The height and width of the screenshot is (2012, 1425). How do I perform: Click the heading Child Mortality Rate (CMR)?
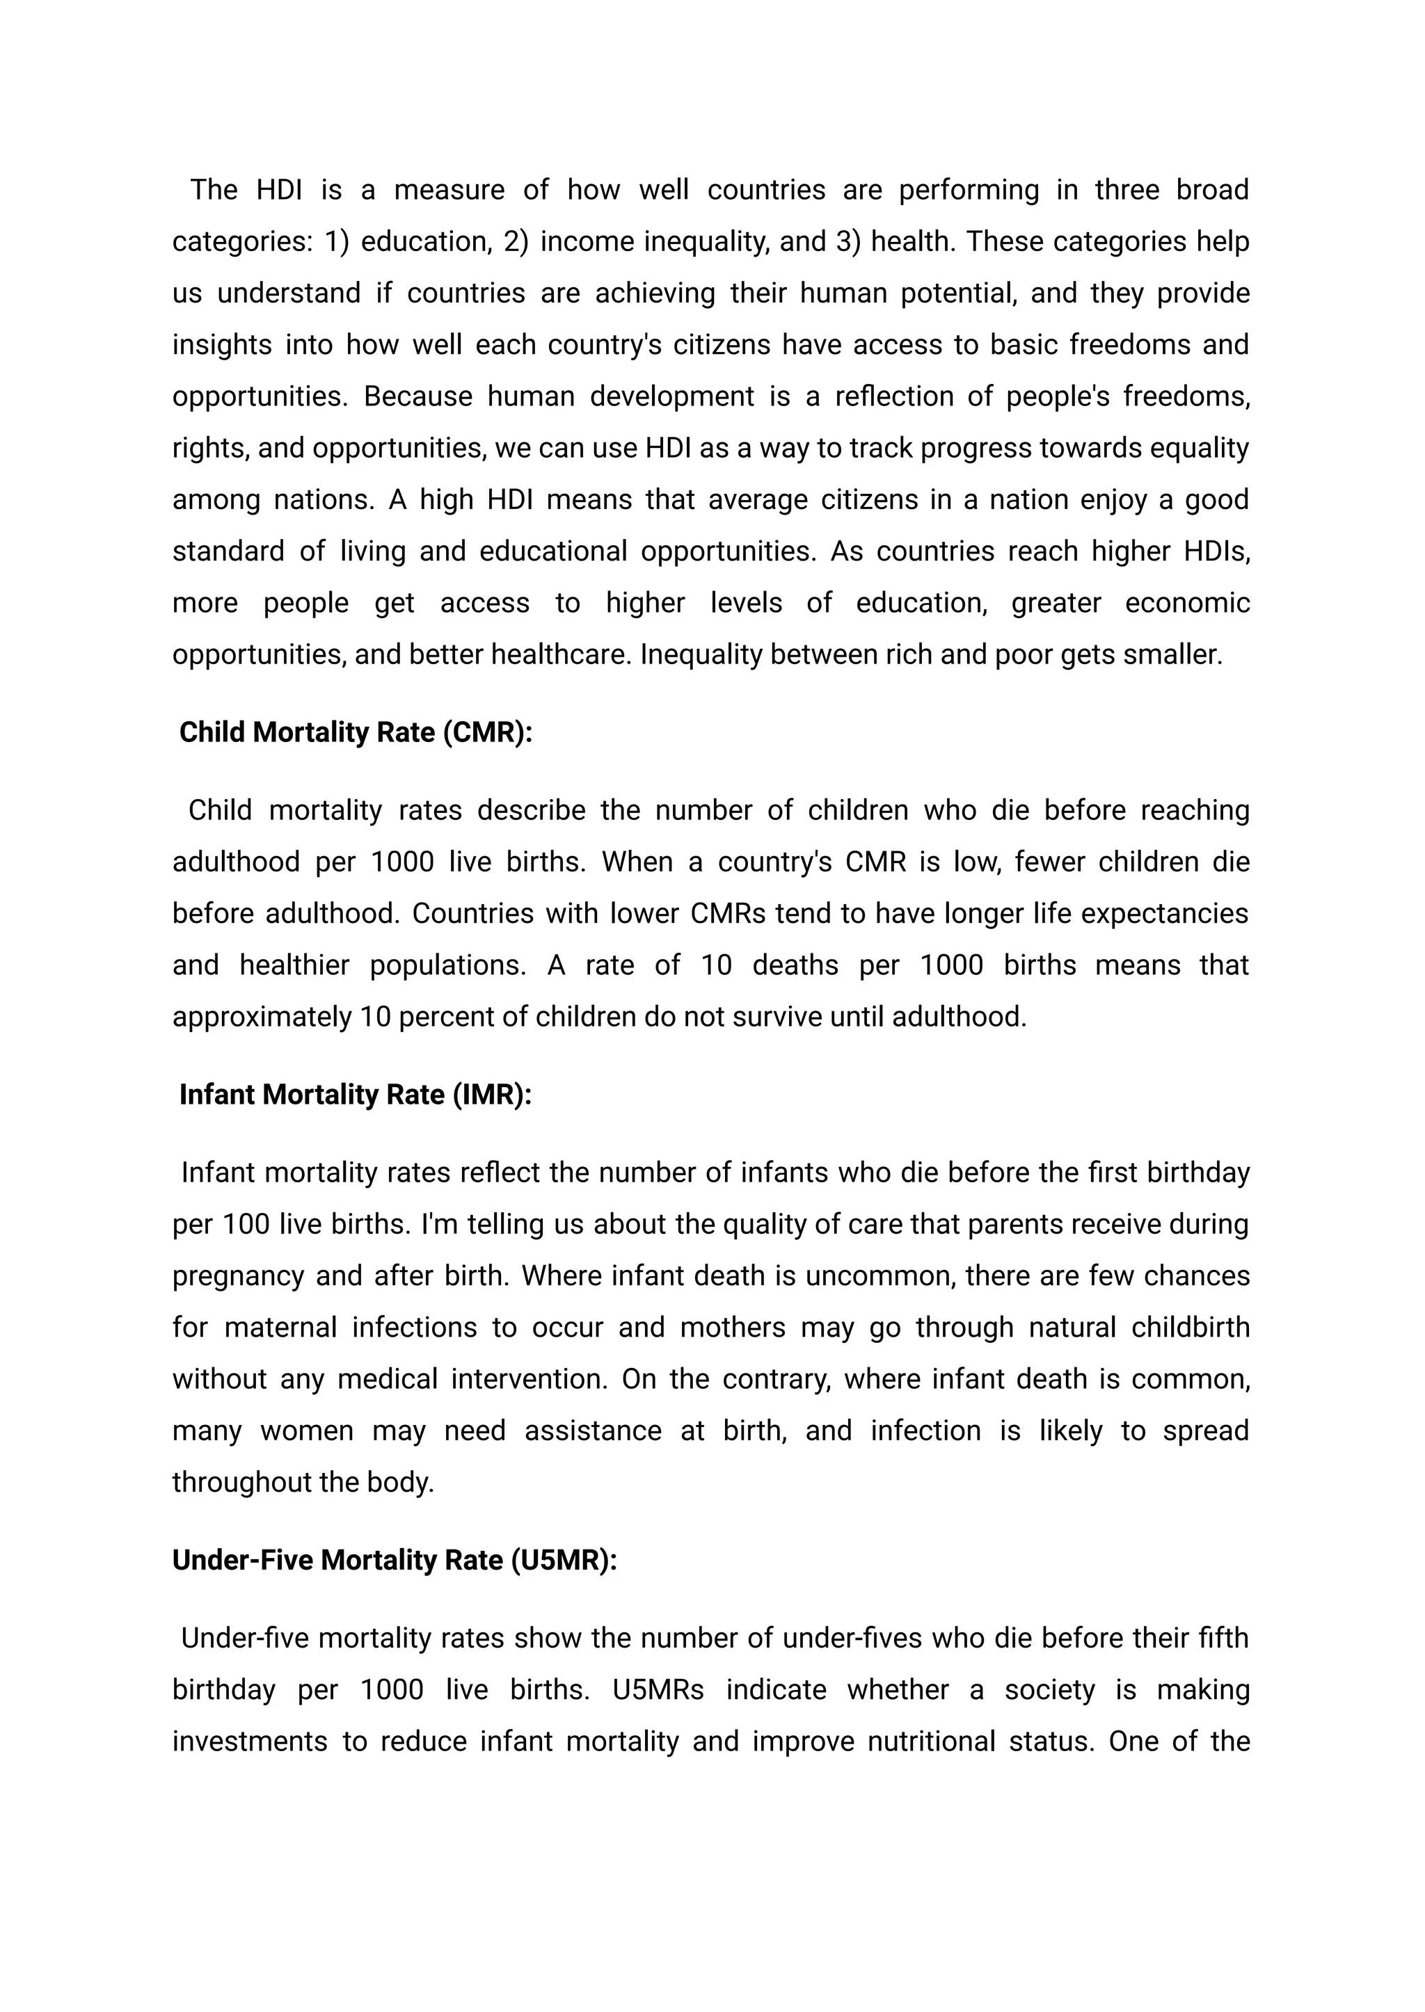tap(356, 732)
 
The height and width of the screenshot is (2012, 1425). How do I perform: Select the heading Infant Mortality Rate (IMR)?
tap(356, 1095)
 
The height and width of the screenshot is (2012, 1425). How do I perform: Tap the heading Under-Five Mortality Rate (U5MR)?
tap(395, 1559)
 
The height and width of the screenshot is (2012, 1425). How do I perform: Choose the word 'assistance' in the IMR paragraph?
tap(592, 1431)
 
